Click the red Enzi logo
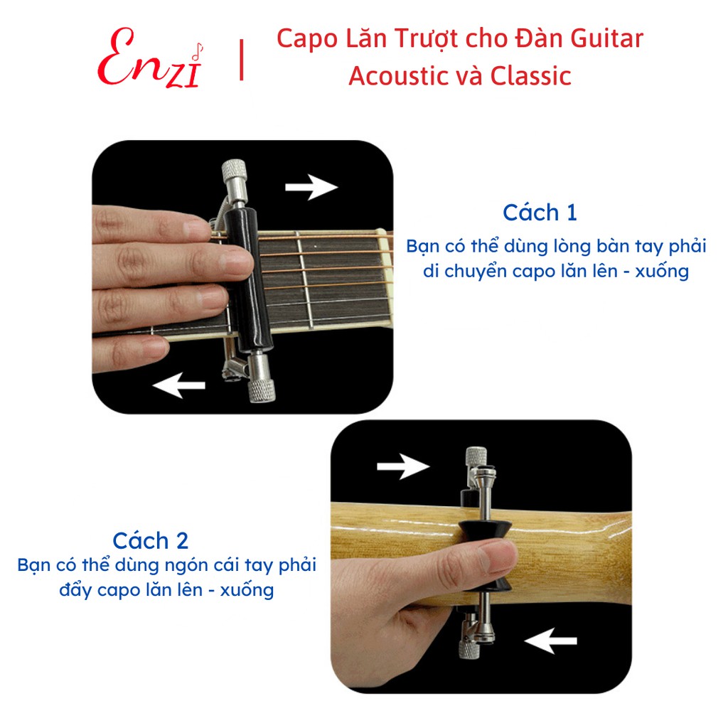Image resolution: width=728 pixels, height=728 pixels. click(x=151, y=58)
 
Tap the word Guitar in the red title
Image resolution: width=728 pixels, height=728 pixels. click(x=606, y=39)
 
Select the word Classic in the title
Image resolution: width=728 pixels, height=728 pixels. click(x=530, y=76)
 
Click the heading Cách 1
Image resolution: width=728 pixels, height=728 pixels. click(x=540, y=213)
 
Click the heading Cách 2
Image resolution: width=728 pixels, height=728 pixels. click(x=151, y=541)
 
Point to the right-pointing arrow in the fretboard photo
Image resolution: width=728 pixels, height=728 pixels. click(x=311, y=187)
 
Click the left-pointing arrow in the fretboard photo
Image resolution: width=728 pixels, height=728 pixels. click(x=178, y=385)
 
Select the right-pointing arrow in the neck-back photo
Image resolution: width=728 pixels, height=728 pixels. click(x=403, y=466)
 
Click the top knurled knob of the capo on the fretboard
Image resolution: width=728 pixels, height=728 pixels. click(x=235, y=172)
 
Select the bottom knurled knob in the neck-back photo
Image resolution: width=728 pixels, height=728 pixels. click(x=469, y=648)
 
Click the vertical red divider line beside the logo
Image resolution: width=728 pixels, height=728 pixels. click(x=242, y=60)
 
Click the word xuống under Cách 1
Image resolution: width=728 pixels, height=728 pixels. click(x=662, y=272)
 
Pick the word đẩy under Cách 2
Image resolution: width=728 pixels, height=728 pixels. click(x=75, y=590)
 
